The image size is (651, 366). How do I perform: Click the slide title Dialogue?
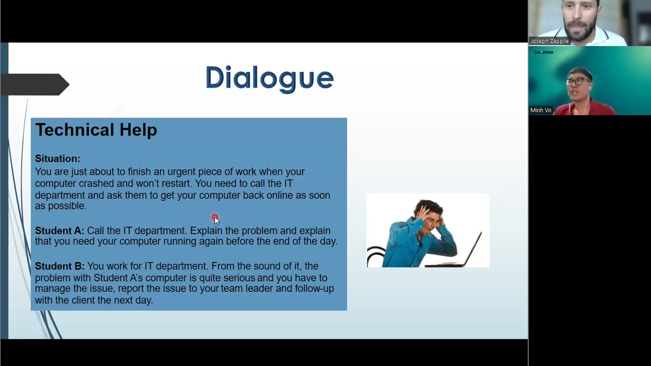[269, 78]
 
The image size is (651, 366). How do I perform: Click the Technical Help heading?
[96, 130]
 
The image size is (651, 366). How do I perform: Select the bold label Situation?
[57, 158]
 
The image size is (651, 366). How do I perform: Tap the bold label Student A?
[59, 231]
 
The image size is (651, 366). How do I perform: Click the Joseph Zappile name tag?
[549, 41]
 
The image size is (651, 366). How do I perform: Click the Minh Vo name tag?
[541, 110]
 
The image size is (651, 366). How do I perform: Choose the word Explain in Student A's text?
[206, 231]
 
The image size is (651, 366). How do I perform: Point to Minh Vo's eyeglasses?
[578, 81]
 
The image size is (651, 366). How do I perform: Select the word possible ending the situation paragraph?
[67, 206]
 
